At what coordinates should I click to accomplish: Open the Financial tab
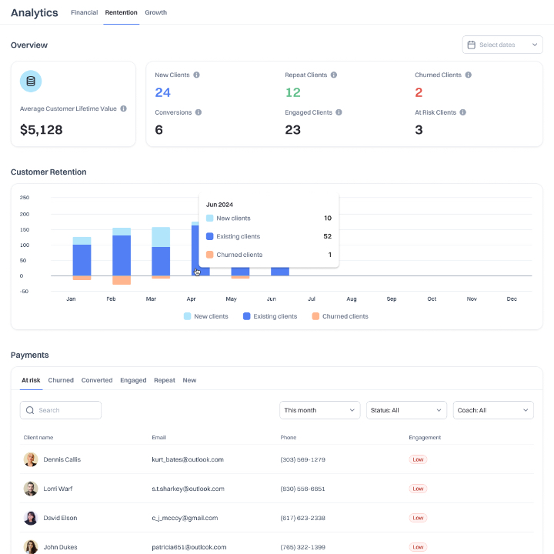[84, 12]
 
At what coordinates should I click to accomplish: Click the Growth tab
[155, 12]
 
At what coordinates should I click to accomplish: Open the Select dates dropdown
[502, 45]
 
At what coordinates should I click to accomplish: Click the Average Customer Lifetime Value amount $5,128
[42, 130]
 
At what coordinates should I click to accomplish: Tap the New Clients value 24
[162, 92]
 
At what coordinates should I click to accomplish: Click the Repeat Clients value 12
[292, 92]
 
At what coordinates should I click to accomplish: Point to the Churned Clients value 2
[419, 92]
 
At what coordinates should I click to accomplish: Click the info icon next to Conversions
[199, 112]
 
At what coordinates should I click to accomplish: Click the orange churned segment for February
[122, 280]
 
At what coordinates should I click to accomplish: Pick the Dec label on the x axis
[512, 299]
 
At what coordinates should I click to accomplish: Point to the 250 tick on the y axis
[25, 197]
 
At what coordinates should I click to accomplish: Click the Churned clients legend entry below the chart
[339, 316]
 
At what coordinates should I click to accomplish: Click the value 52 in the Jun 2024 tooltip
[327, 236]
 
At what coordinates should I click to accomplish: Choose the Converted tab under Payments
[97, 380]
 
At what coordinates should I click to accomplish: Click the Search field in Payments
[61, 410]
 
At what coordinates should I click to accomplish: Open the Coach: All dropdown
[493, 410]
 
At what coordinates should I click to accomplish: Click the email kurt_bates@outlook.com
[188, 459]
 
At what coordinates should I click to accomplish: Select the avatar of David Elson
[31, 518]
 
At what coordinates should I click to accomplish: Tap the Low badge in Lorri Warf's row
[418, 489]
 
